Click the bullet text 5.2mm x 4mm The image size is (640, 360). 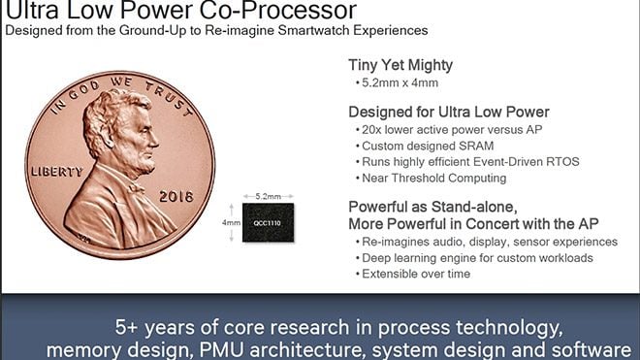pyautogui.click(x=400, y=85)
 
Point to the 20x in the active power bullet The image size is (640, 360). pyautogui.click(x=373, y=129)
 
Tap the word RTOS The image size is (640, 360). pyautogui.click(x=560, y=161)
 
